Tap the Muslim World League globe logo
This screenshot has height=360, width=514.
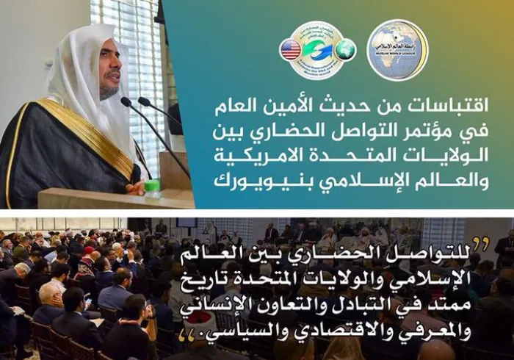click(397, 50)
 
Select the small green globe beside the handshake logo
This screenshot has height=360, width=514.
click(347, 50)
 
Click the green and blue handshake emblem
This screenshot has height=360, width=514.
click(318, 50)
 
